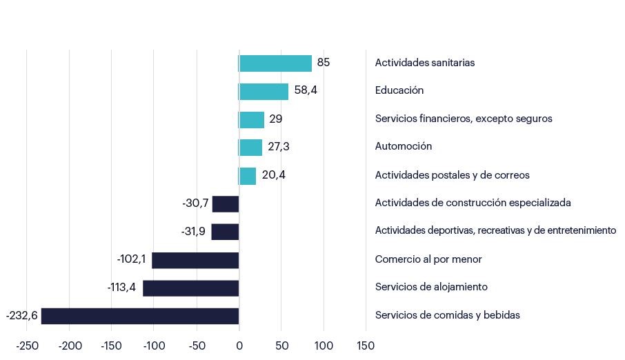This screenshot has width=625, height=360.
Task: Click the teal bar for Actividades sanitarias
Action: point(275,63)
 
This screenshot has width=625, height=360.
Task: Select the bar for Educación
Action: point(264,91)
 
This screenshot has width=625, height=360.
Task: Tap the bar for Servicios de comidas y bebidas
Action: point(140,316)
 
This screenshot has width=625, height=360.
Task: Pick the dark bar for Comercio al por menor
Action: point(195,260)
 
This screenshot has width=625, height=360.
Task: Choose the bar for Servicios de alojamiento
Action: point(191,288)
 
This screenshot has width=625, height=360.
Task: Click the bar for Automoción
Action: point(250,147)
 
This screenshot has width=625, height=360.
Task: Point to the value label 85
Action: point(324,63)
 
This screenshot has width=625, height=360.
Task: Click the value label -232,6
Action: point(21,316)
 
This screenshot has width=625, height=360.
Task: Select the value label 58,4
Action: point(306,90)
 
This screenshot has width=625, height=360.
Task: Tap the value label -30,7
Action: point(195,203)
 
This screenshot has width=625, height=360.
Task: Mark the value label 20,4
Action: point(274,175)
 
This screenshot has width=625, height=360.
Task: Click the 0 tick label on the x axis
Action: point(239,345)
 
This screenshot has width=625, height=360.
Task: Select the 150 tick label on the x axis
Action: point(366,345)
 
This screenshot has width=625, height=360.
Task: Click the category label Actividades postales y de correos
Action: point(452,175)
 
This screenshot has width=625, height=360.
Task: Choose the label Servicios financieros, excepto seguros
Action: point(464,119)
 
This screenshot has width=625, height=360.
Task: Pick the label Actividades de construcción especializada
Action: point(473,203)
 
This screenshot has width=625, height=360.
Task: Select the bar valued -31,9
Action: point(225,232)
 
